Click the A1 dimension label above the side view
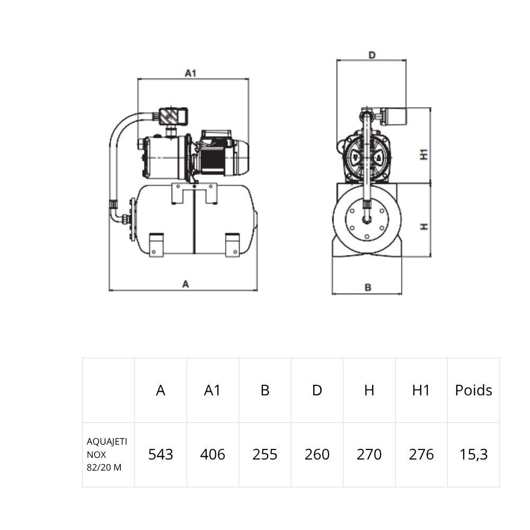(x=190, y=73)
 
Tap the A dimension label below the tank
(x=185, y=284)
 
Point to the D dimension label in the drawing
(x=372, y=55)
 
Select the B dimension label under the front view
(x=368, y=288)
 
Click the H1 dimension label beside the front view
(x=424, y=154)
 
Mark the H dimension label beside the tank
(x=424, y=226)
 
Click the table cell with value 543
(x=161, y=455)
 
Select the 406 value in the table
(x=213, y=455)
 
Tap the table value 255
(x=264, y=455)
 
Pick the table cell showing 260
(x=317, y=455)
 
